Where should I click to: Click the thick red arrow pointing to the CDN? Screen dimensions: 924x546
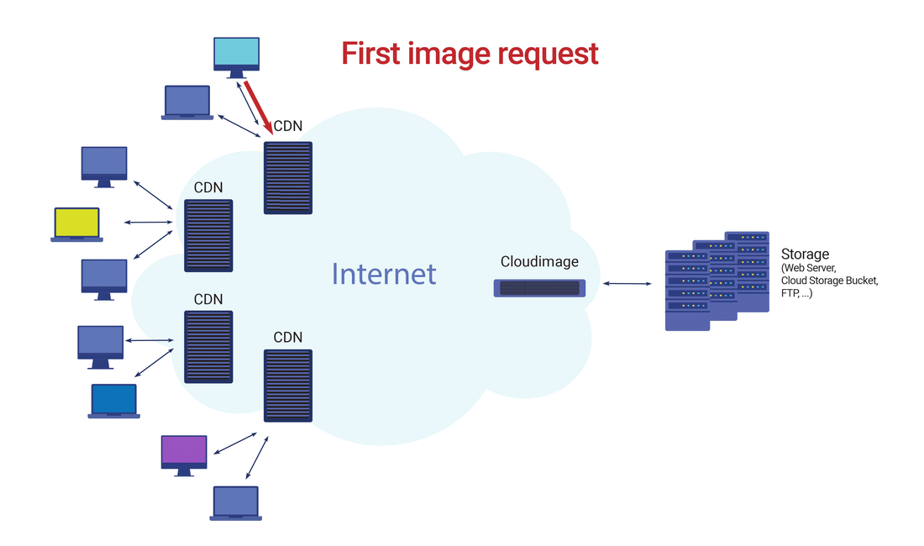click(x=258, y=108)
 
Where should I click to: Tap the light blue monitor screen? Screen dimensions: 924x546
click(x=236, y=52)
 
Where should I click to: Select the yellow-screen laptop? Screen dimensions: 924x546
click(x=76, y=224)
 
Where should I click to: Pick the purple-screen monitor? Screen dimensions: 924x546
click(x=184, y=455)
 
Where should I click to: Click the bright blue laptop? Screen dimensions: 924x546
click(x=113, y=402)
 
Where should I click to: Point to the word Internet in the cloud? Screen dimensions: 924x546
click(x=384, y=274)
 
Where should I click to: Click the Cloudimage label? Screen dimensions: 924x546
click(x=539, y=261)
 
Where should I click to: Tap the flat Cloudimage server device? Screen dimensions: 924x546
click(x=539, y=288)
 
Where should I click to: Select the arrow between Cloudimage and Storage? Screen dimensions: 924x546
click(x=627, y=284)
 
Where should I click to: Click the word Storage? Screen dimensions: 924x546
click(x=805, y=254)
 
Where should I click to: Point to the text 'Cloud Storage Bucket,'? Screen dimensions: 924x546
click(x=830, y=281)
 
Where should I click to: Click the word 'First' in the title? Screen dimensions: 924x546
click(x=370, y=54)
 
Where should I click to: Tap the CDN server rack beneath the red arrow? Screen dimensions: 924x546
click(x=287, y=178)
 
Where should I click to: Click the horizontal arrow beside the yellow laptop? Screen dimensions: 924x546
click(x=148, y=222)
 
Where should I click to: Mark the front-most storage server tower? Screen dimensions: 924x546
click(x=687, y=291)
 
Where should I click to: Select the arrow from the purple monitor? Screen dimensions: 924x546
click(x=235, y=444)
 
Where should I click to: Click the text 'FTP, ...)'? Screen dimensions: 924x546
click(x=796, y=292)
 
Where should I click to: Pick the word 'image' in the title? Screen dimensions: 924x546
click(x=449, y=55)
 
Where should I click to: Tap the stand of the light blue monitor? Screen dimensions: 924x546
click(x=236, y=74)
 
